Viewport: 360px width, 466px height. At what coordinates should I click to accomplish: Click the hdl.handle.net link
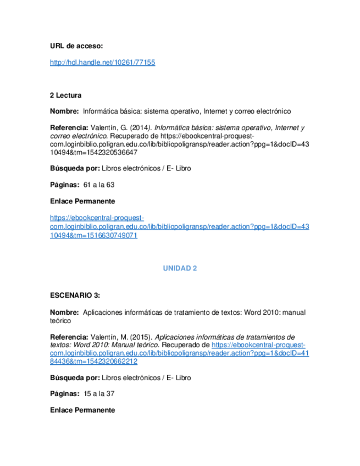coord(102,63)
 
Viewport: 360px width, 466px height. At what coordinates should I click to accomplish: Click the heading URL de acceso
coord(76,46)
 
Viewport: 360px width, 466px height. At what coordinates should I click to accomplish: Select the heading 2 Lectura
coord(65,95)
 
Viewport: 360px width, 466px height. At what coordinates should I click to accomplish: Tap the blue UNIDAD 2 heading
coord(180,268)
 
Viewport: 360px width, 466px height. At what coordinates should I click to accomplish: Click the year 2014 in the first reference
coord(139,127)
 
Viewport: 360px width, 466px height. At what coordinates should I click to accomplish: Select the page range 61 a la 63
coord(99,185)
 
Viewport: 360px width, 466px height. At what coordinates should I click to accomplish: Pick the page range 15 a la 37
coord(99,393)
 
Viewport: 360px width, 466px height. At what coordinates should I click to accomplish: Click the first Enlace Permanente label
coord(82,201)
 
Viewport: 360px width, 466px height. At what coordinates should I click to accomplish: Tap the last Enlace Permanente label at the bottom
coord(82,410)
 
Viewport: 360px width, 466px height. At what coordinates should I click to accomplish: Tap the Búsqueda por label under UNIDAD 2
coord(74,378)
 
